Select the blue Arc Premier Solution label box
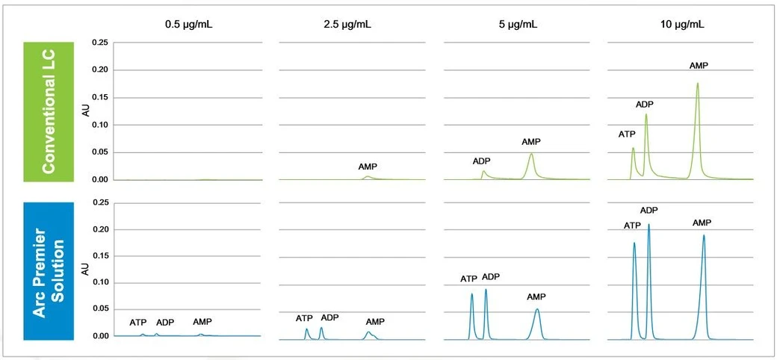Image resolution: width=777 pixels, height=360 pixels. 49,270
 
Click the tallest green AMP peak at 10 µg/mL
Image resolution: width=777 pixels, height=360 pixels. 698,84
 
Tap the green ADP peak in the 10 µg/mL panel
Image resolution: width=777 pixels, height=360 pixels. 646,116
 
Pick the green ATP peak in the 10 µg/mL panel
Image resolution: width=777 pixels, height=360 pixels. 634,149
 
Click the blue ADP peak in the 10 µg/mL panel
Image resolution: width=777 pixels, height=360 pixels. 648,226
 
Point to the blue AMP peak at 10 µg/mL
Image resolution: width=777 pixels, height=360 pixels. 703,238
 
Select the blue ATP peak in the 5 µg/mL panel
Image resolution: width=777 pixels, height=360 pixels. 471,296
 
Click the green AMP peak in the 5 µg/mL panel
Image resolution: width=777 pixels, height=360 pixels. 531,155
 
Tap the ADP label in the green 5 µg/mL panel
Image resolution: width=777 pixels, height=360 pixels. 482,161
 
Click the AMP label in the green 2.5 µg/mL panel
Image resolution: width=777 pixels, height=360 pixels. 368,167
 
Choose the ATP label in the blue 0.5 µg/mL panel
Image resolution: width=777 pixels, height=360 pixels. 138,323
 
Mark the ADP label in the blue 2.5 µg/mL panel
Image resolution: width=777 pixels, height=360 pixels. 329,317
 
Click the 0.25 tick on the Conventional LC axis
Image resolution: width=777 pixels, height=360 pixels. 100,43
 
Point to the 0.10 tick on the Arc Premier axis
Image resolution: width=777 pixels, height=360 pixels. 100,283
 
